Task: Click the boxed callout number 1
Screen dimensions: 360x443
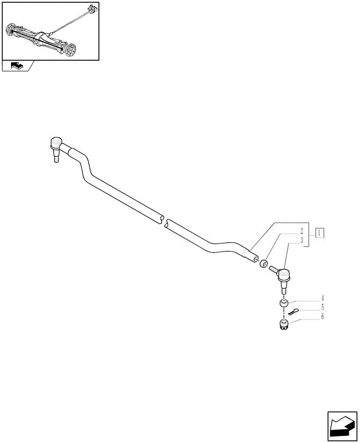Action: pyautogui.click(x=320, y=233)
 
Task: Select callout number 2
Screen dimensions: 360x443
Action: pyautogui.click(x=301, y=231)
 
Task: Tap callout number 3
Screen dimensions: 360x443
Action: pyautogui.click(x=301, y=241)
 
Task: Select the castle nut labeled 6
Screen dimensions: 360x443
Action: pyautogui.click(x=282, y=326)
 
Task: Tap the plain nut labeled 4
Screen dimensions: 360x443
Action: pyautogui.click(x=283, y=303)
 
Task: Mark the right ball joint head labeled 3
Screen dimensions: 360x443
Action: pyautogui.click(x=283, y=276)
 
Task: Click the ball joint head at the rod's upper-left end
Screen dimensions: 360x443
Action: pyautogui.click(x=55, y=143)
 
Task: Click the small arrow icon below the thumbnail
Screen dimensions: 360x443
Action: pyautogui.click(x=17, y=66)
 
